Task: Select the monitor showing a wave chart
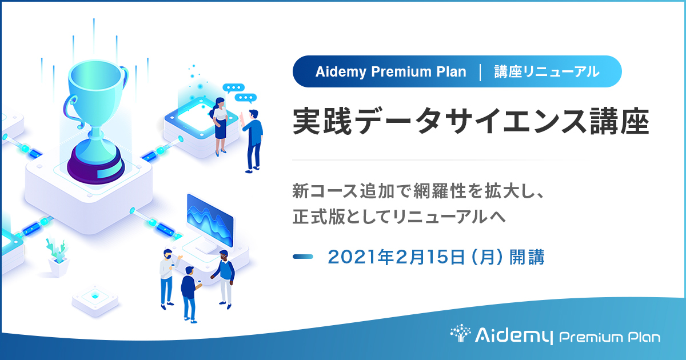(210, 220)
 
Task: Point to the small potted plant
(57, 257)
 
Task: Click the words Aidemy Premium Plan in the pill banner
(390, 71)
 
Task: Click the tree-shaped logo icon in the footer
(460, 335)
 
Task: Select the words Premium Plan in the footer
(609, 337)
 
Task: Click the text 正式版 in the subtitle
(317, 218)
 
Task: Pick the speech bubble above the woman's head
(233, 89)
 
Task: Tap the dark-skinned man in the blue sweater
(225, 277)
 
